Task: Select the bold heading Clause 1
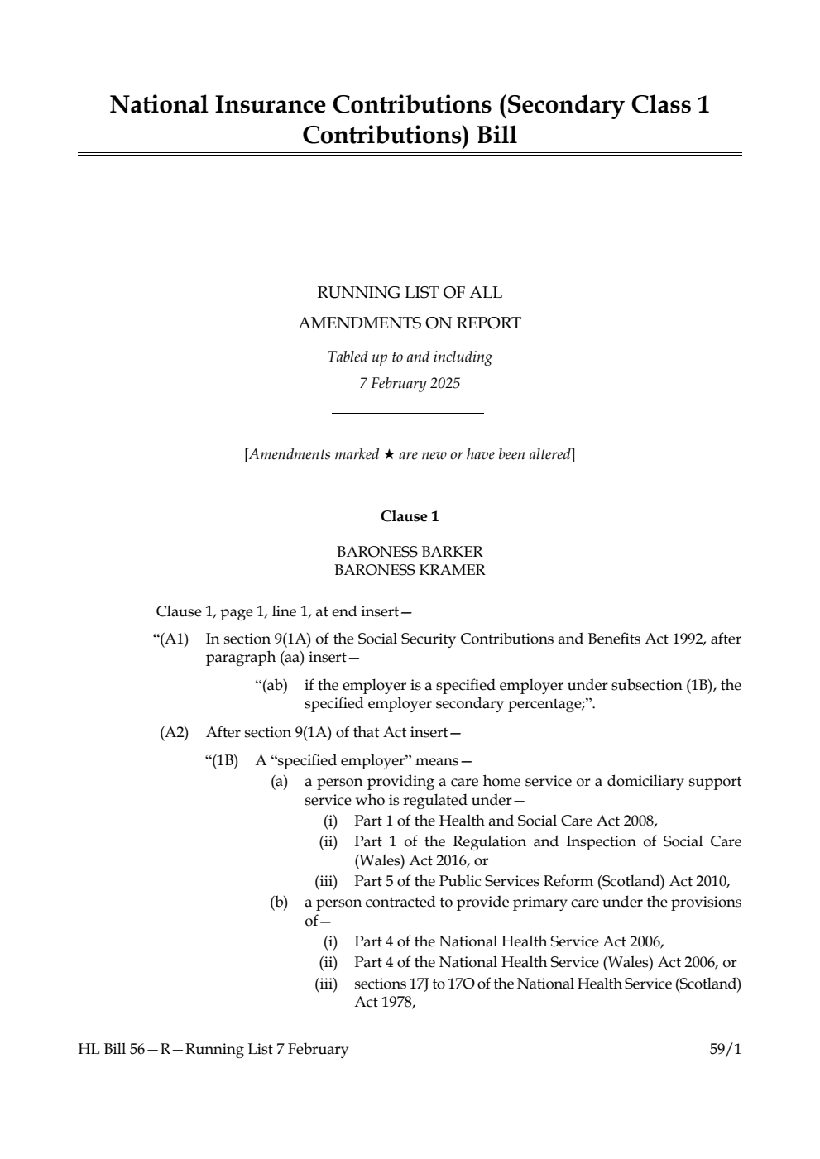click(410, 516)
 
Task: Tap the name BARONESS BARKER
click(410, 552)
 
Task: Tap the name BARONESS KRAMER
click(410, 570)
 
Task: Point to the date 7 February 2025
click(410, 383)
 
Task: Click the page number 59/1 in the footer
click(725, 1049)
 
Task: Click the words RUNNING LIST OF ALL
click(410, 293)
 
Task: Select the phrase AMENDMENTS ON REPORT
click(410, 323)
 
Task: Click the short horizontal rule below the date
click(407, 413)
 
